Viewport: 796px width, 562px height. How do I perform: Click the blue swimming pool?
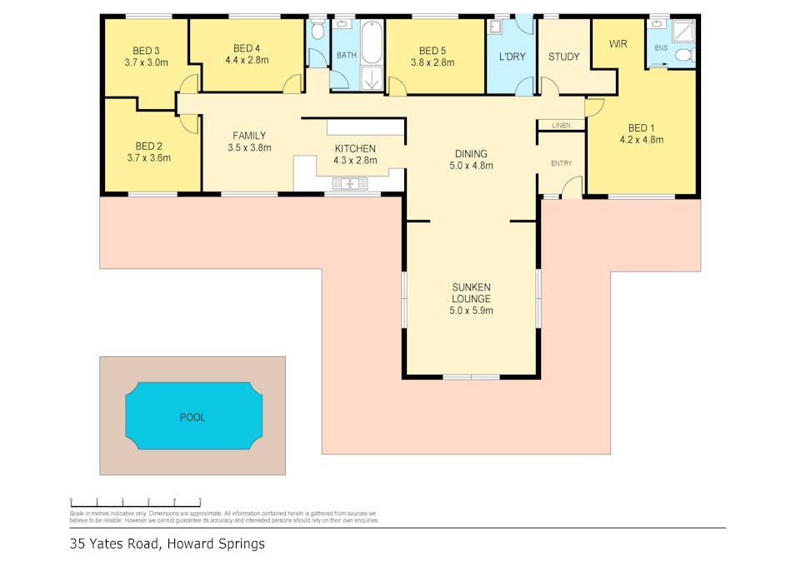click(193, 416)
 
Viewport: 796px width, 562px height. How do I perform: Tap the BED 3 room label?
click(146, 51)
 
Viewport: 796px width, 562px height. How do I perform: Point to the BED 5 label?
click(433, 50)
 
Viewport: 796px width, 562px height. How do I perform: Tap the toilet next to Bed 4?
click(317, 32)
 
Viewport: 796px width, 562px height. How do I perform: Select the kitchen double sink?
click(350, 183)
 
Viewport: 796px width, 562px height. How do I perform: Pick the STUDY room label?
click(563, 57)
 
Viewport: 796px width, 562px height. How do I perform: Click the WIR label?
click(618, 43)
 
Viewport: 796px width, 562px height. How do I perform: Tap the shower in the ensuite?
click(683, 31)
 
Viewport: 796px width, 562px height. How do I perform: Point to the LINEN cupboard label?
click(560, 125)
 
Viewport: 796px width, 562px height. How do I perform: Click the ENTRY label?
click(562, 163)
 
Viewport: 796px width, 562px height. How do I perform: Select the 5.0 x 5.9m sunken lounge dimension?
click(471, 311)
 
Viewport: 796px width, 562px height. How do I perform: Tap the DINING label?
click(471, 153)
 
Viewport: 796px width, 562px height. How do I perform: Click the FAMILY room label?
click(248, 136)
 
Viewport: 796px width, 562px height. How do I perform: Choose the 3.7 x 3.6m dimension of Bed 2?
click(148, 157)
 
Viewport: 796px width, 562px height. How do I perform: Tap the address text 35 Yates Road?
click(117, 544)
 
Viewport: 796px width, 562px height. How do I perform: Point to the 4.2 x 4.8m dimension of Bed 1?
click(641, 140)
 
